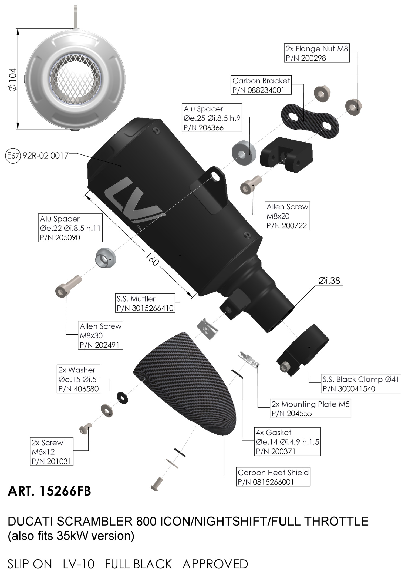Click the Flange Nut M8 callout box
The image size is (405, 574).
[x=317, y=53]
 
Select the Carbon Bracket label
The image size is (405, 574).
[x=261, y=85]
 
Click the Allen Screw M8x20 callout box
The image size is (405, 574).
[x=287, y=216]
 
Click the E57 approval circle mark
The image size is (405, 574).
[x=13, y=156]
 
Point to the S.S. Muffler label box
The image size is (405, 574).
[x=145, y=303]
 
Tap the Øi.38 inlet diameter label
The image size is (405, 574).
[x=329, y=281]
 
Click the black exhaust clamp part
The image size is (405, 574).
[x=303, y=349]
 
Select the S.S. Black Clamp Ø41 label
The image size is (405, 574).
[x=361, y=384]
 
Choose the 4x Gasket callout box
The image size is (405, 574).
[x=287, y=442]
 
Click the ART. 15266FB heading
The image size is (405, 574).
[x=49, y=491]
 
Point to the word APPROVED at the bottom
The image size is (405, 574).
[x=215, y=564]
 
